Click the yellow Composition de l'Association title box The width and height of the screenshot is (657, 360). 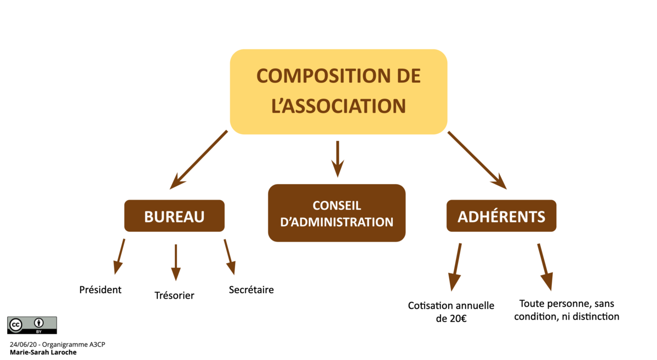(x=338, y=92)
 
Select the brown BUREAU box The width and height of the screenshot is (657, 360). (x=174, y=216)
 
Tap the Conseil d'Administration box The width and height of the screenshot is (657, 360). (x=336, y=213)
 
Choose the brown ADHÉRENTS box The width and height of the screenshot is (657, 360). (x=501, y=216)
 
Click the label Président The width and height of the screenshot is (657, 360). (x=100, y=289)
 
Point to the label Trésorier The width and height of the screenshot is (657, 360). (x=174, y=295)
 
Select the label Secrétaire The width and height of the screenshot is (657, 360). (x=251, y=289)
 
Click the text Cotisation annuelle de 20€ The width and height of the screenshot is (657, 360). (x=451, y=312)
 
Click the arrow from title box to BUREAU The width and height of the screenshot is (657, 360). (x=198, y=159)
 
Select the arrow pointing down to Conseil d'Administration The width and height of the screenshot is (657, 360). (x=338, y=158)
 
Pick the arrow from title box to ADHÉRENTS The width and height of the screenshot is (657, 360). (x=477, y=159)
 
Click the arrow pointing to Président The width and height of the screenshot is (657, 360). (x=119, y=256)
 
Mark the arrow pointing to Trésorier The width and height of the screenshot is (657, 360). (x=175, y=262)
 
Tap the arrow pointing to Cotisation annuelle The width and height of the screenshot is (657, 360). (x=455, y=266)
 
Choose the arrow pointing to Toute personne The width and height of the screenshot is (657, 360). (x=544, y=266)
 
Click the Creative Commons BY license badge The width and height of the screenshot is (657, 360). (x=32, y=325)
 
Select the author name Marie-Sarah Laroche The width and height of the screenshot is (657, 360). (x=43, y=352)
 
